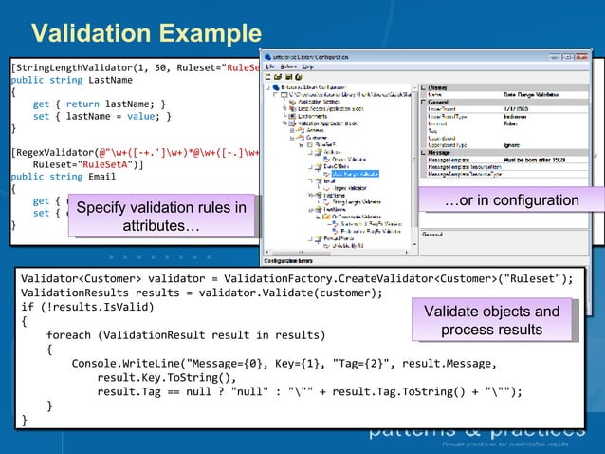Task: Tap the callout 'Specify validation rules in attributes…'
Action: pyautogui.click(x=160, y=218)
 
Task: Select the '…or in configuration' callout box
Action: pyautogui.click(x=511, y=200)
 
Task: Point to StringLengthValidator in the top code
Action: pyautogui.click(x=81, y=68)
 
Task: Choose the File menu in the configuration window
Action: pyautogui.click(x=270, y=66)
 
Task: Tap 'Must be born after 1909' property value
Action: pyautogui.click(x=538, y=158)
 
